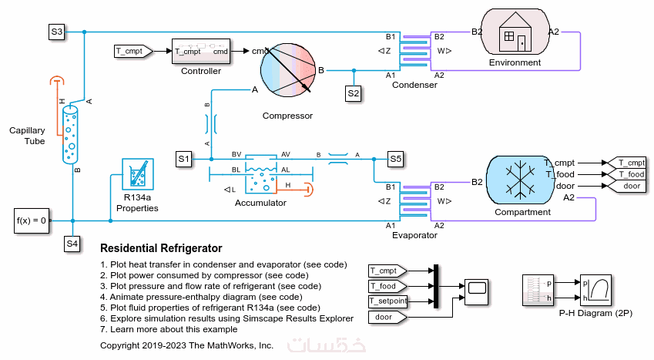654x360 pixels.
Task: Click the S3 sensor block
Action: point(56,32)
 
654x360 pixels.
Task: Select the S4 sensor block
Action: point(72,244)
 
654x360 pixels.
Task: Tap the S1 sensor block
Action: point(183,160)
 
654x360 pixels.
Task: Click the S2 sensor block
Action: point(354,93)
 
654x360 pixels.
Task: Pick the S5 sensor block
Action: point(395,160)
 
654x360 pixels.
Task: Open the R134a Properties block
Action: point(138,178)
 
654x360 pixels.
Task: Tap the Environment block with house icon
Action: point(510,34)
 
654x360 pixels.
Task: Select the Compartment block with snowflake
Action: point(522,180)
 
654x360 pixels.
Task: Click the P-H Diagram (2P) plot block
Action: point(595,290)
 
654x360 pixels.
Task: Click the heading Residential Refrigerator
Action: point(161,248)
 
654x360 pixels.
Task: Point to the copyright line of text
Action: point(186,345)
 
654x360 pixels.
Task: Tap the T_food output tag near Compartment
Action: point(626,174)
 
